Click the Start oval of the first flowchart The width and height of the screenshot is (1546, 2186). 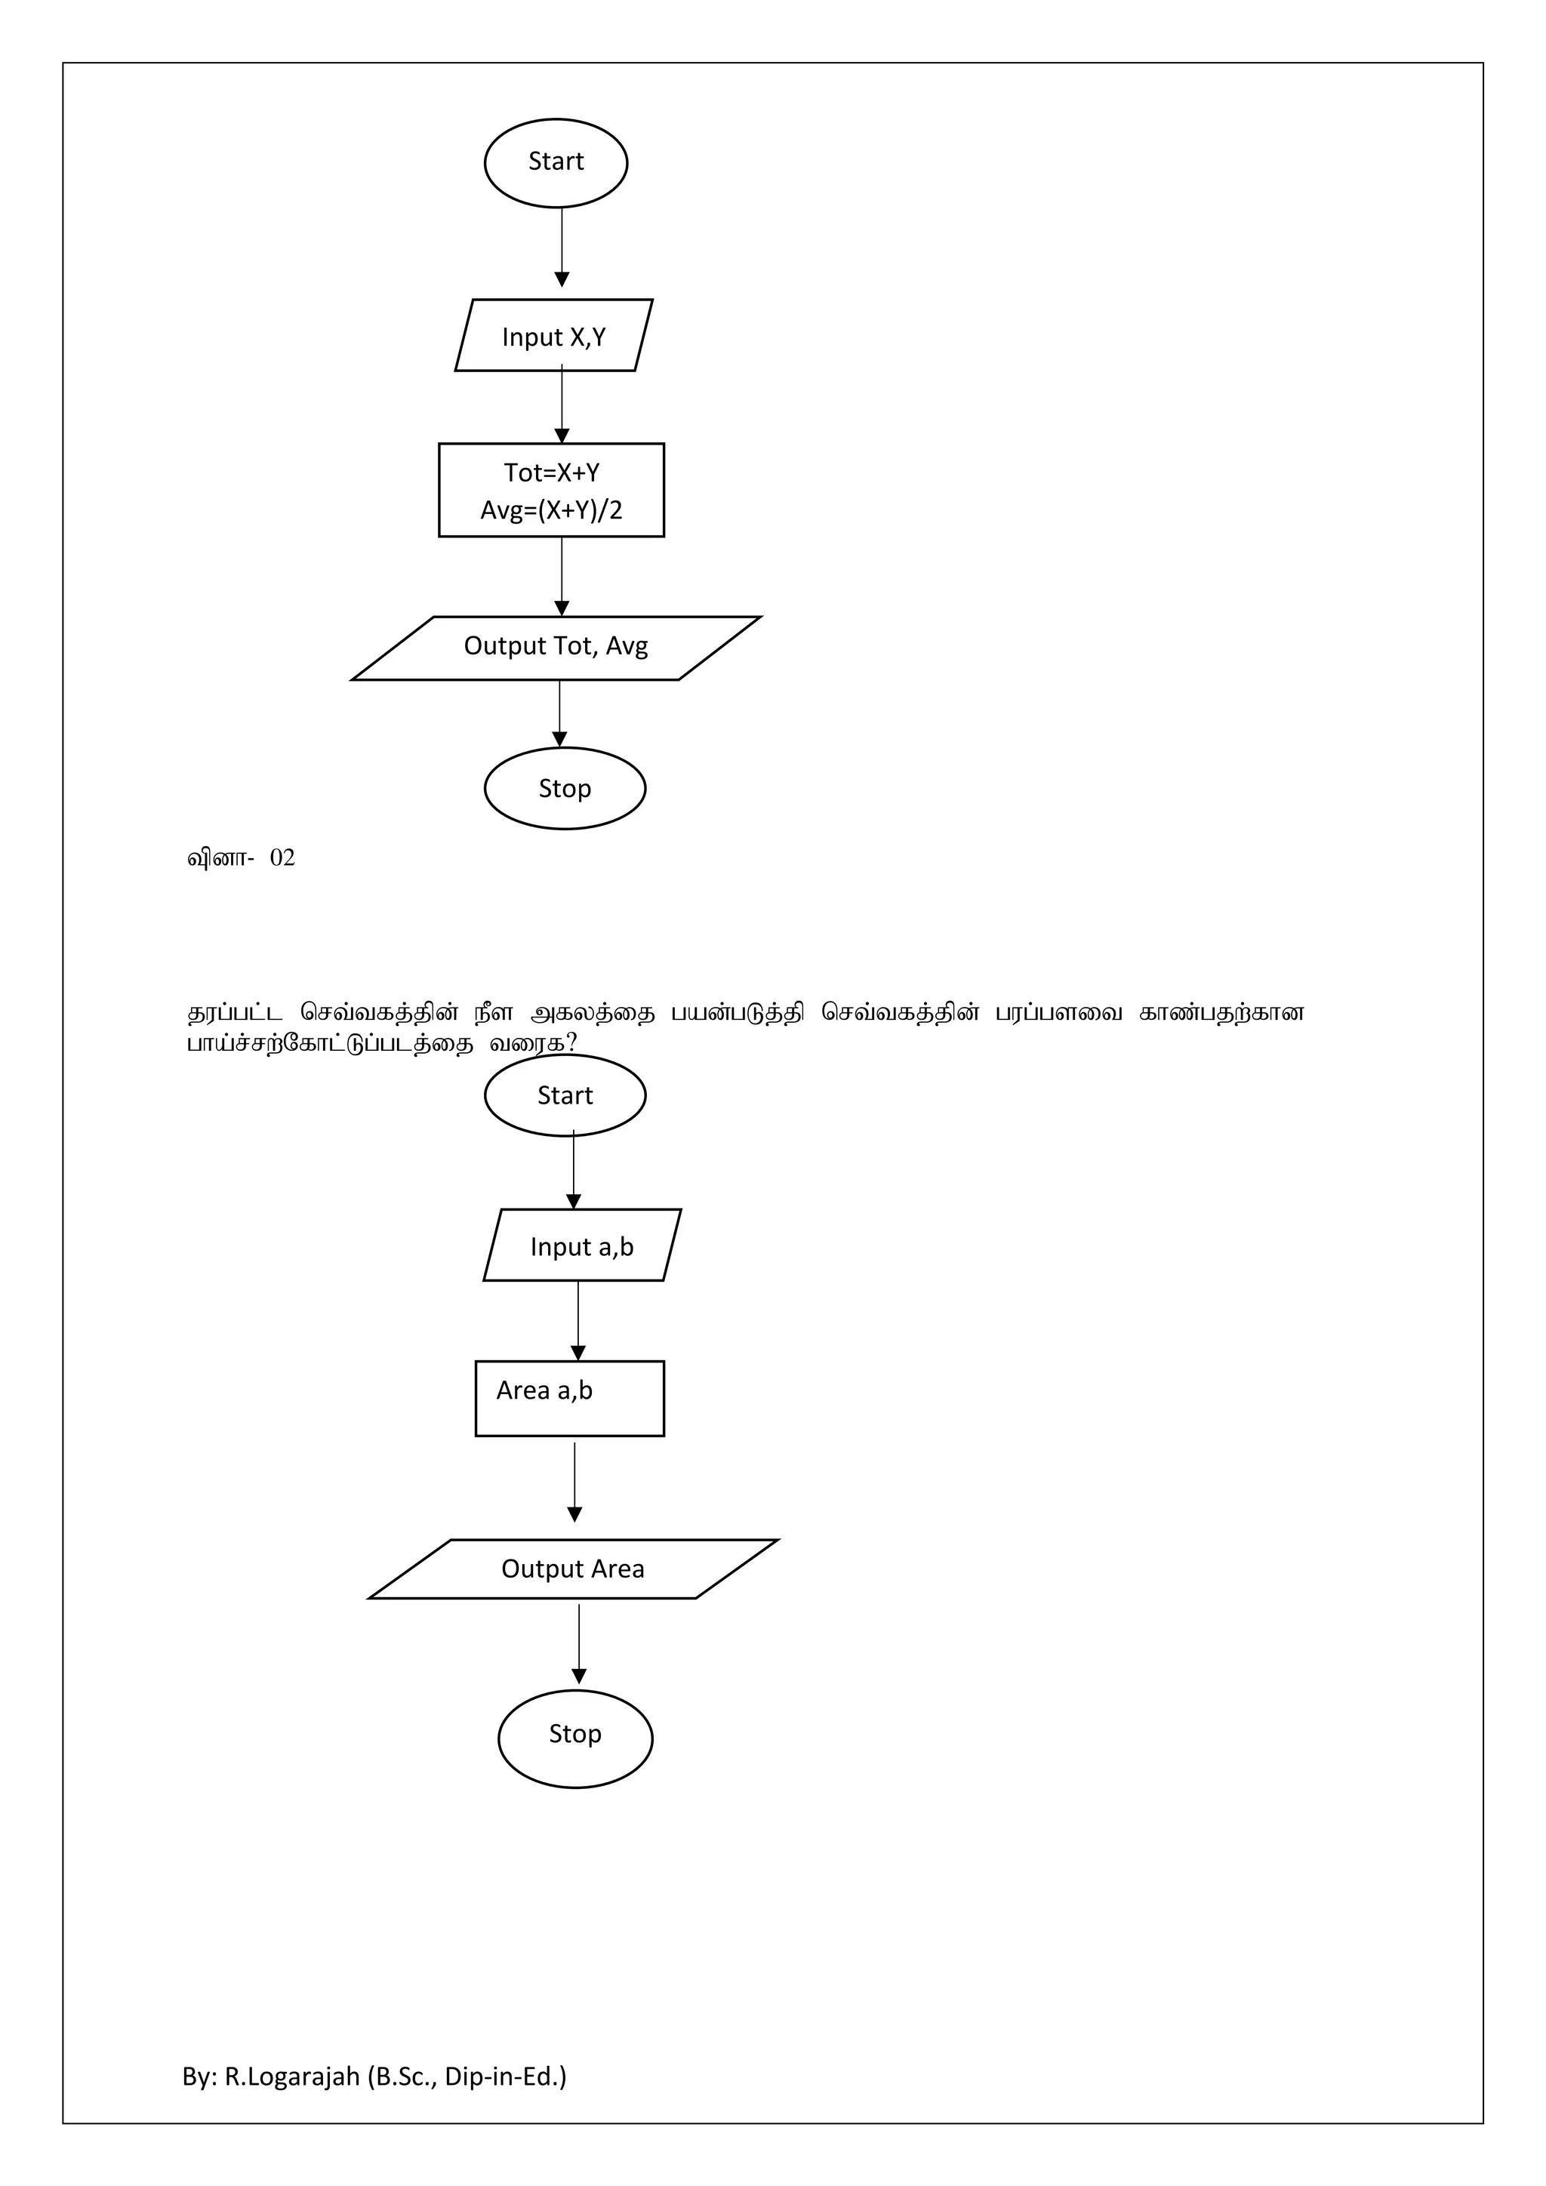(x=556, y=163)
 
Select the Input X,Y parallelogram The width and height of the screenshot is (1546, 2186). (x=554, y=336)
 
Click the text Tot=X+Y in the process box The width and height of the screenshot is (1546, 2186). (x=551, y=473)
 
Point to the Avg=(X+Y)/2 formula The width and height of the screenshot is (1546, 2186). (x=551, y=510)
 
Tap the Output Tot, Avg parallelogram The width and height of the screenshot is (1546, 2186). (x=556, y=648)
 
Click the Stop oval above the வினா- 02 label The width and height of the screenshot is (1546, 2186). (x=565, y=788)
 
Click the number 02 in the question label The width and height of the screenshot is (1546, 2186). (x=283, y=857)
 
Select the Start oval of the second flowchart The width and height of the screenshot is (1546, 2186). (x=565, y=1096)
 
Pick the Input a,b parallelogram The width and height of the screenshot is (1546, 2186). (x=582, y=1246)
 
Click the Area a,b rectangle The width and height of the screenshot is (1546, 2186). (x=569, y=1398)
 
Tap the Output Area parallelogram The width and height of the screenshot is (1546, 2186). (x=573, y=1569)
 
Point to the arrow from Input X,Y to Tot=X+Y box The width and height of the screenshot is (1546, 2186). (x=562, y=405)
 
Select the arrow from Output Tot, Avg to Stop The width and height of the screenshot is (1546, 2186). (x=560, y=713)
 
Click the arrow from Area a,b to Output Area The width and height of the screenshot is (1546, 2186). (x=574, y=1482)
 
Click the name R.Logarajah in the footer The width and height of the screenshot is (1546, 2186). (x=292, y=2077)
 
